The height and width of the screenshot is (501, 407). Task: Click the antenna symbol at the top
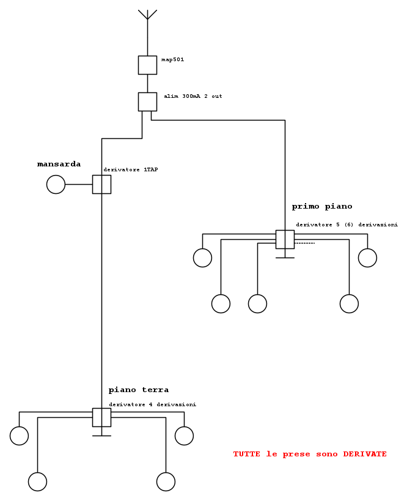click(x=147, y=15)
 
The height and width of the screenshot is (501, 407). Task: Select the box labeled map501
click(x=147, y=65)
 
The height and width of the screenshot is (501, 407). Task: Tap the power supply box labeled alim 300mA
click(x=147, y=102)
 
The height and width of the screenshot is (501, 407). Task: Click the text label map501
click(x=173, y=60)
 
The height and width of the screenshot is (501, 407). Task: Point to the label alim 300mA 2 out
click(x=193, y=96)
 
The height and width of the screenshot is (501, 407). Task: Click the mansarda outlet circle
click(x=56, y=184)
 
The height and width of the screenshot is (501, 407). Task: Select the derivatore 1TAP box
click(x=102, y=184)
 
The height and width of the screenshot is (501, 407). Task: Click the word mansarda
click(x=59, y=164)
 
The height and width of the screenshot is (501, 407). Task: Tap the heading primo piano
click(x=322, y=207)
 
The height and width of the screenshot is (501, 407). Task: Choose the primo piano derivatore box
click(x=285, y=239)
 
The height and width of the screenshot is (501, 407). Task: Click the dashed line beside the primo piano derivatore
click(x=304, y=243)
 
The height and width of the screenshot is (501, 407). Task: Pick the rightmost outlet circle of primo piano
click(x=367, y=258)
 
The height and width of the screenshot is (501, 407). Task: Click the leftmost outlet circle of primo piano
click(x=202, y=258)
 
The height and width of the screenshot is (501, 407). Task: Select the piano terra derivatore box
click(x=102, y=417)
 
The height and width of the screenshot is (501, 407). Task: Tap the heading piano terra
click(x=139, y=390)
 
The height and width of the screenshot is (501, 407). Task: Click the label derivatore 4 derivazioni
click(x=153, y=404)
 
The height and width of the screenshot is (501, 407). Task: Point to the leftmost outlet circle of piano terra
click(x=19, y=436)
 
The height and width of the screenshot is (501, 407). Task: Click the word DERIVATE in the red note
click(x=365, y=454)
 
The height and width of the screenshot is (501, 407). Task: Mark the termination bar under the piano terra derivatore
click(x=102, y=436)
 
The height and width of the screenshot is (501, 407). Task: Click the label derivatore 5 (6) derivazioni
click(x=347, y=225)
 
